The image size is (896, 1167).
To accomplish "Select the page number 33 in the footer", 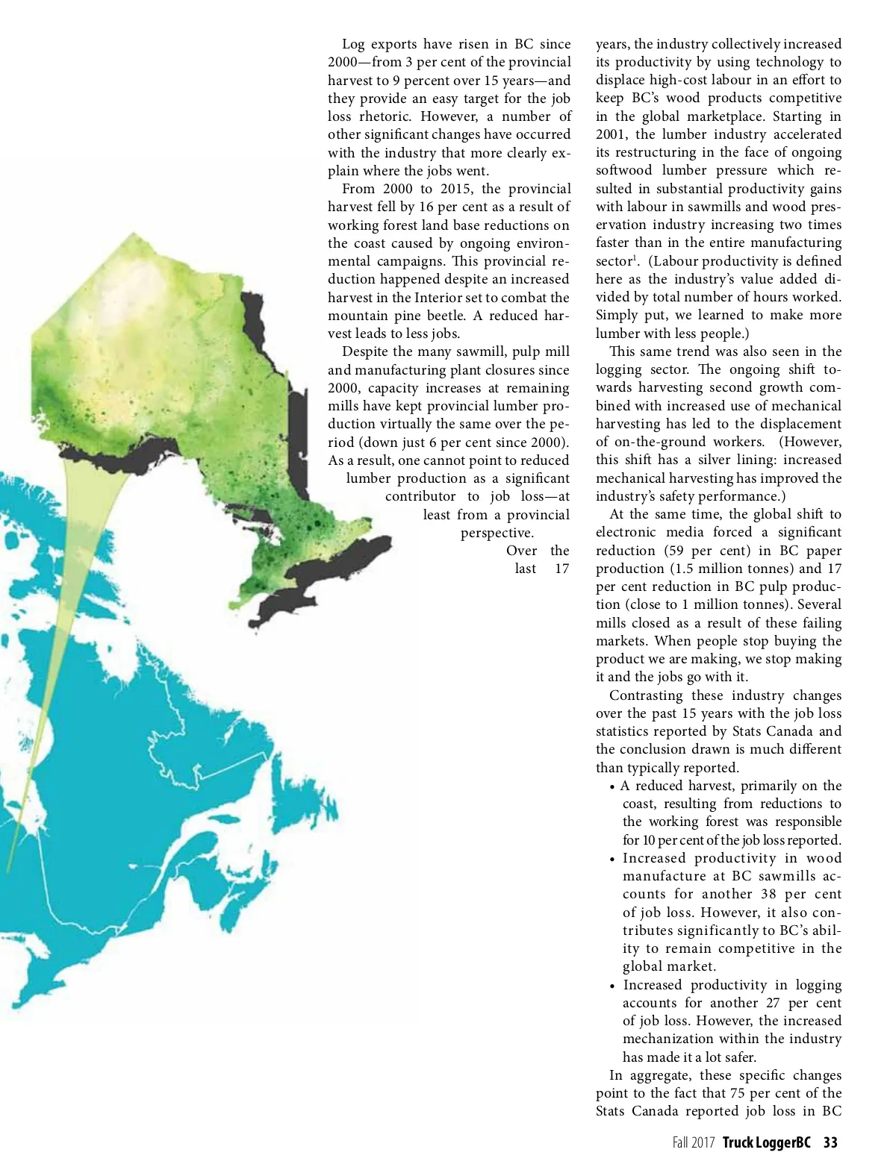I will (830, 1142).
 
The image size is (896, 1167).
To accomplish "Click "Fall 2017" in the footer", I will (693, 1142).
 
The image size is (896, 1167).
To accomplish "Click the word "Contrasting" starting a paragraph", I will (646, 695).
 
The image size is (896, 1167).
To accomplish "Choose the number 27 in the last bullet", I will (774, 1003).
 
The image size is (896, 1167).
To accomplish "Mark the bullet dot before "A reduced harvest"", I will (612, 787).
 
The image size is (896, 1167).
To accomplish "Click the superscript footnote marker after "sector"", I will (635, 258).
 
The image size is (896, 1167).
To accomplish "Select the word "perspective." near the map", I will (497, 533).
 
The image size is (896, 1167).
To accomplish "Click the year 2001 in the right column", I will (611, 134).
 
